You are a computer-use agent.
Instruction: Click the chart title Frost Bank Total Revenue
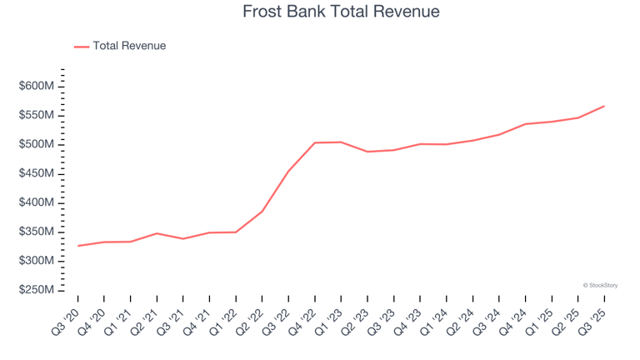pyautogui.click(x=341, y=12)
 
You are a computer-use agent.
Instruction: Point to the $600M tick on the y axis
pyautogui.click(x=37, y=87)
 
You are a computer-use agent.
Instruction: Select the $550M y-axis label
pyautogui.click(x=37, y=116)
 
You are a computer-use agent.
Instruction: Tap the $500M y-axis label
pyautogui.click(x=37, y=145)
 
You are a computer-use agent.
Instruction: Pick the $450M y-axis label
pyautogui.click(x=37, y=174)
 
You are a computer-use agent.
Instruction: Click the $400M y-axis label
pyautogui.click(x=37, y=203)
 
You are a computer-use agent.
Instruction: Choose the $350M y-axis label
pyautogui.click(x=37, y=232)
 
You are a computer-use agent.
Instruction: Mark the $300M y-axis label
pyautogui.click(x=37, y=262)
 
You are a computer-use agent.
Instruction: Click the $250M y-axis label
pyautogui.click(x=37, y=291)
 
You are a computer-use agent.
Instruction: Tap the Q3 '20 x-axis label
pyautogui.click(x=67, y=318)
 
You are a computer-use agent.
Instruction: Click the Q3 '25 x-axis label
pyautogui.click(x=592, y=318)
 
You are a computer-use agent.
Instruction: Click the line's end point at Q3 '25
pyautogui.click(x=604, y=106)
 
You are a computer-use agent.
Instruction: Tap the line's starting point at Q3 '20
pyautogui.click(x=78, y=246)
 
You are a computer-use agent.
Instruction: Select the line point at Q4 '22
pyautogui.click(x=314, y=142)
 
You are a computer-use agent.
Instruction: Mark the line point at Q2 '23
pyautogui.click(x=367, y=152)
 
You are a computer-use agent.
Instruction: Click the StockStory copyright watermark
pyautogui.click(x=600, y=285)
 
